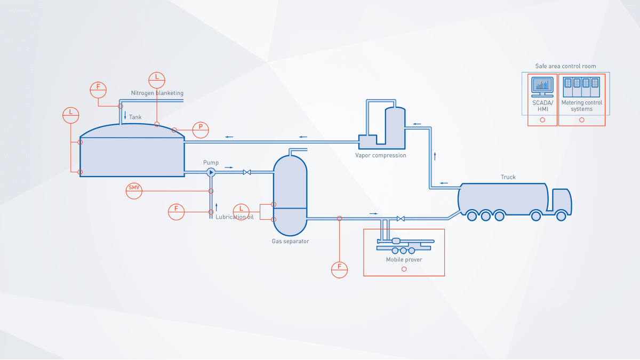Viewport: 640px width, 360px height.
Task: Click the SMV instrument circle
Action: [x=134, y=191]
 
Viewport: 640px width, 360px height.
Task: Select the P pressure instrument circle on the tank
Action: [x=201, y=130]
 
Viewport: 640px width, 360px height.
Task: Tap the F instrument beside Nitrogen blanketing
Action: [x=98, y=90]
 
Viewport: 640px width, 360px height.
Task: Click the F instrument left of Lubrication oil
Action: [x=176, y=212]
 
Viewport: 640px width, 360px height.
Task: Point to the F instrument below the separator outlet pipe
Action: [x=339, y=269]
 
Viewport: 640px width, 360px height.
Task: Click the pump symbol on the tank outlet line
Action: [x=211, y=172]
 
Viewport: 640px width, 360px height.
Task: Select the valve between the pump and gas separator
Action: [x=247, y=172]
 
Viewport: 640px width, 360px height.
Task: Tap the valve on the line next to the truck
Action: [x=401, y=218]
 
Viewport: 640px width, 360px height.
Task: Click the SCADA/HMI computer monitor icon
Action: [x=542, y=85]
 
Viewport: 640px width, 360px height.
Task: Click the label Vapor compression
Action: [x=381, y=156]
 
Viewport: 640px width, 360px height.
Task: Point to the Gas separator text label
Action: [x=290, y=242]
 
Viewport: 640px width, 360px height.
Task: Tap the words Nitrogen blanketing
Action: [x=157, y=93]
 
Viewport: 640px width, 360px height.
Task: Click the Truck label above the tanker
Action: [x=508, y=177]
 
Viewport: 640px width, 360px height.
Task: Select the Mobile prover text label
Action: [x=404, y=260]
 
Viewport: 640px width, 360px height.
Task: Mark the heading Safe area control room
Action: [x=565, y=67]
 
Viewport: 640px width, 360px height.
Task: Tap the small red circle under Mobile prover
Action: [x=404, y=269]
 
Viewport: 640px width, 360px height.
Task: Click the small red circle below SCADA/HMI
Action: [x=542, y=120]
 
